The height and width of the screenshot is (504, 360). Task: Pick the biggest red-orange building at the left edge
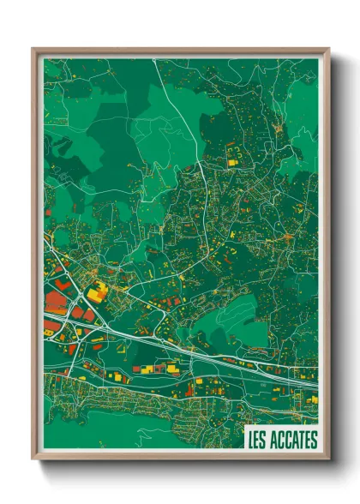point(55,299)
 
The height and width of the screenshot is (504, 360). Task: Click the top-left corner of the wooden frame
point(33,50)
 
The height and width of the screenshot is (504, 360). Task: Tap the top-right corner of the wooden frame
point(328,50)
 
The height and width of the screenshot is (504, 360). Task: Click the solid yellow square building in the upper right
point(231,159)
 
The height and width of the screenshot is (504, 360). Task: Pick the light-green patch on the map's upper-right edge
point(304,120)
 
